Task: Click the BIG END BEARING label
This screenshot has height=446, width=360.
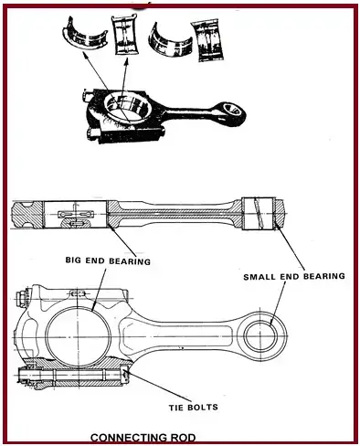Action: (108, 260)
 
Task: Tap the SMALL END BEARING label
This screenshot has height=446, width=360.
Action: (294, 276)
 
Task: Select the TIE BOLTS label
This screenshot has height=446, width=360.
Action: (194, 407)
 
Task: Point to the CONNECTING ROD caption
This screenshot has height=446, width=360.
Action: (143, 438)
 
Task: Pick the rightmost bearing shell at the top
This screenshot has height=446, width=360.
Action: (207, 39)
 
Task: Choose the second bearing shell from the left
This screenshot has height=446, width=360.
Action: (126, 35)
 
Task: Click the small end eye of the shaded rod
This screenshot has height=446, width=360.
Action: (233, 111)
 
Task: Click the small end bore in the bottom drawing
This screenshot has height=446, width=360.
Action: (261, 336)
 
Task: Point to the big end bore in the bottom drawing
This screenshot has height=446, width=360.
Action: (78, 336)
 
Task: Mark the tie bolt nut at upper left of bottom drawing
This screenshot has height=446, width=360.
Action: (22, 296)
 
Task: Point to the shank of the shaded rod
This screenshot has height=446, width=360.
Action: (189, 113)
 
